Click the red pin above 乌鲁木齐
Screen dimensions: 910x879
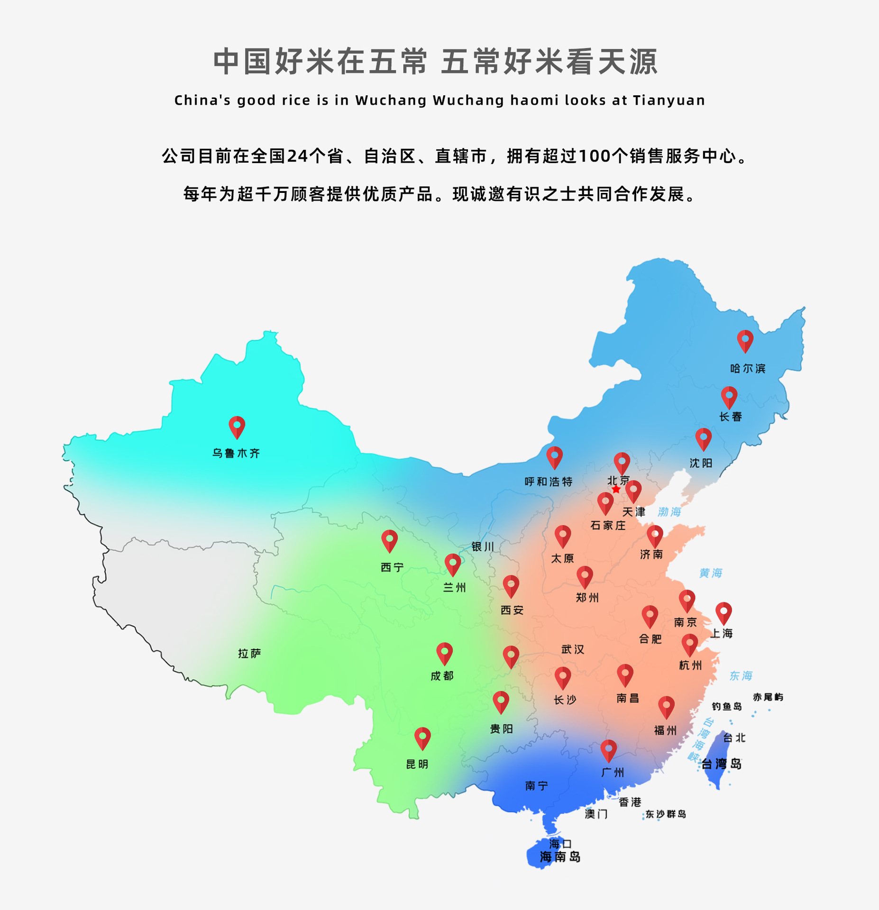[x=237, y=426]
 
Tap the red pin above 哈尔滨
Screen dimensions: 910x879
[x=745, y=340]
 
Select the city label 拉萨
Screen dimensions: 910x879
[x=249, y=654]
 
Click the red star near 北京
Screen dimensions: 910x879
[x=615, y=489]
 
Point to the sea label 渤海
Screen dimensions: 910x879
[x=669, y=512]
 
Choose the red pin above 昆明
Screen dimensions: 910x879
[x=422, y=737]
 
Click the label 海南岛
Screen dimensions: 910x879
[x=560, y=857]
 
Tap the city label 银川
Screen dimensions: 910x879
[x=483, y=546]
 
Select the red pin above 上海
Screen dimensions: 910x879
[x=723, y=612]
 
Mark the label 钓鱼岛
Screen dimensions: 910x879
[x=727, y=707]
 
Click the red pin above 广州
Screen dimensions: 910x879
[x=608, y=750]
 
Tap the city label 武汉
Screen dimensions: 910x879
[x=573, y=649]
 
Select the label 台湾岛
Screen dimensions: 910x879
[x=722, y=764]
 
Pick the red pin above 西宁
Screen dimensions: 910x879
[x=389, y=540]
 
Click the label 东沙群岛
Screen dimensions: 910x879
[x=666, y=814]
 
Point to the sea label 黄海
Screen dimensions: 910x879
[x=710, y=573]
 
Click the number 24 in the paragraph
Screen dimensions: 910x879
[x=298, y=156]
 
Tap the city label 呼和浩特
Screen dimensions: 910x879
[x=549, y=482]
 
